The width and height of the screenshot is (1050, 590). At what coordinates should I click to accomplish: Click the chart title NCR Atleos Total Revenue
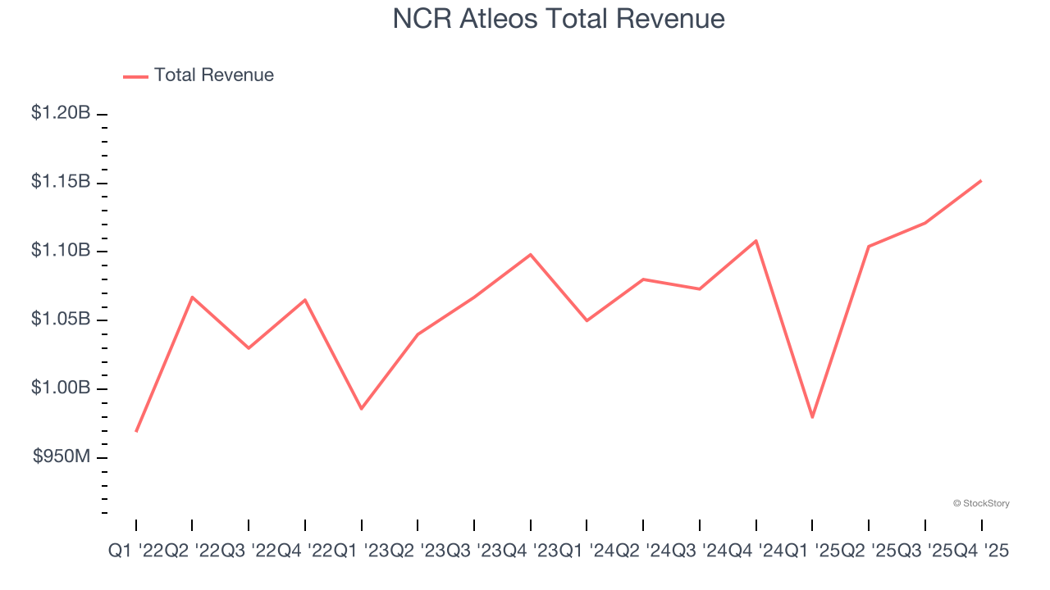coord(558,19)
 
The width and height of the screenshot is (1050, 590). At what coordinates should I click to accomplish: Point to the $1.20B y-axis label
coord(61,113)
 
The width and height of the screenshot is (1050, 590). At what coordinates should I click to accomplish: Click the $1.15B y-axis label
coord(61,182)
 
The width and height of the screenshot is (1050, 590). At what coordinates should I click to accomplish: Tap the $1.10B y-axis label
coord(61,251)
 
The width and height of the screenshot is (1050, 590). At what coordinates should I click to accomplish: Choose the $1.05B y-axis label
coord(61,319)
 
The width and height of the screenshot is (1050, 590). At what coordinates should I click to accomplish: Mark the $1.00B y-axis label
coord(61,388)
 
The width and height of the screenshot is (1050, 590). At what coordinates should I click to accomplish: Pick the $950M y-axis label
coord(62,456)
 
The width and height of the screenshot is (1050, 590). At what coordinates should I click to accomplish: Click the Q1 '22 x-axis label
coord(135,552)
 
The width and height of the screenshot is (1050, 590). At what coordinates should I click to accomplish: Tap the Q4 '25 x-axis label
coord(982,552)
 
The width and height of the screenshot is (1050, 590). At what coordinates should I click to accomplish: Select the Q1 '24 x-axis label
coord(587,552)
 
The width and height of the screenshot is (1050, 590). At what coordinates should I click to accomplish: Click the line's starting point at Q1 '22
coord(136,431)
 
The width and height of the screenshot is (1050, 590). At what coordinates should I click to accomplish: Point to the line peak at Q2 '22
coord(192,297)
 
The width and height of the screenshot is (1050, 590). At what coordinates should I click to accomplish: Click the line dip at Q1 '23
coord(362,408)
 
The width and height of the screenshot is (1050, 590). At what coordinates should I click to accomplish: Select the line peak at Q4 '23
coord(531,254)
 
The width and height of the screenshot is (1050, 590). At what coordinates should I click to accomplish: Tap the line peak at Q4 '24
coord(756,240)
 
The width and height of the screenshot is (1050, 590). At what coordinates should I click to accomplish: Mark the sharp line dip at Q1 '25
coord(812,417)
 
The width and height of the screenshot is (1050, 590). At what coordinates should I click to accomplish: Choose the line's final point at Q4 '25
coord(981,180)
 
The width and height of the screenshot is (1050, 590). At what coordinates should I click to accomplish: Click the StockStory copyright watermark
coord(981,503)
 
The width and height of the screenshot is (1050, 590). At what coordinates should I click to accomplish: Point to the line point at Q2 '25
coord(869,246)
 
